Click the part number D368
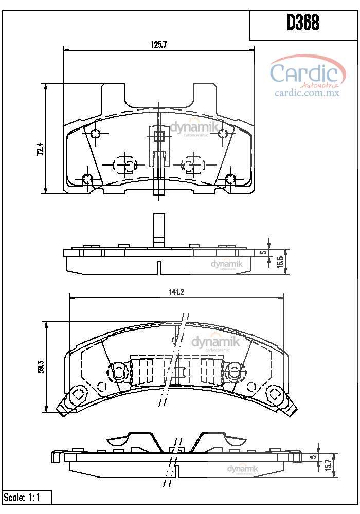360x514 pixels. click(x=303, y=23)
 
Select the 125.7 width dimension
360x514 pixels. click(x=158, y=45)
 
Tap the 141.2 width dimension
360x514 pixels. click(x=176, y=292)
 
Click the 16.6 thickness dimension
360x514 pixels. click(x=280, y=261)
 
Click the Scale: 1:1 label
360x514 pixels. click(x=22, y=498)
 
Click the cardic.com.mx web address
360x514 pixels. click(x=307, y=93)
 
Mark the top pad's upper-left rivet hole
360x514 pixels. click(x=95, y=135)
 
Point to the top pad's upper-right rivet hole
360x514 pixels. click(x=223, y=134)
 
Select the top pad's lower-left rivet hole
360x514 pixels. click(x=87, y=179)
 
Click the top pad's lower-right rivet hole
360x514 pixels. click(x=230, y=179)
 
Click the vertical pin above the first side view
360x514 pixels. click(x=159, y=228)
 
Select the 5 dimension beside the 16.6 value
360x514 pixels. click(x=262, y=253)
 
